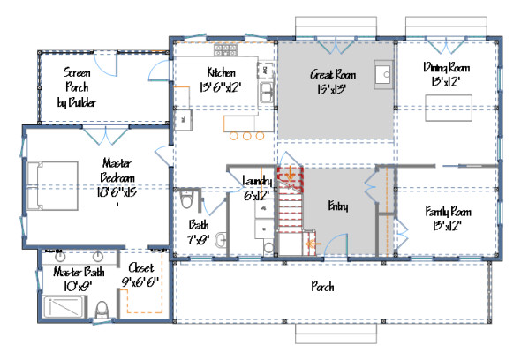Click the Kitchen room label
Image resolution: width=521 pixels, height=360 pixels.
tap(220, 78)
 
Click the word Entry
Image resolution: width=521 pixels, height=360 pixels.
tap(338, 207)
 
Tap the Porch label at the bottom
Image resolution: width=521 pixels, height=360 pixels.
tap(321, 287)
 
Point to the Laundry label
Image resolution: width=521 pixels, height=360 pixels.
tap(256, 187)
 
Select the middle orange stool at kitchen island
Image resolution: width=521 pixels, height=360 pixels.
tap(246, 137)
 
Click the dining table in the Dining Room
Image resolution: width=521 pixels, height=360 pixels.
tap(446, 109)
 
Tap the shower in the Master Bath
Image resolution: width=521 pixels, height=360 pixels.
tap(64, 307)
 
